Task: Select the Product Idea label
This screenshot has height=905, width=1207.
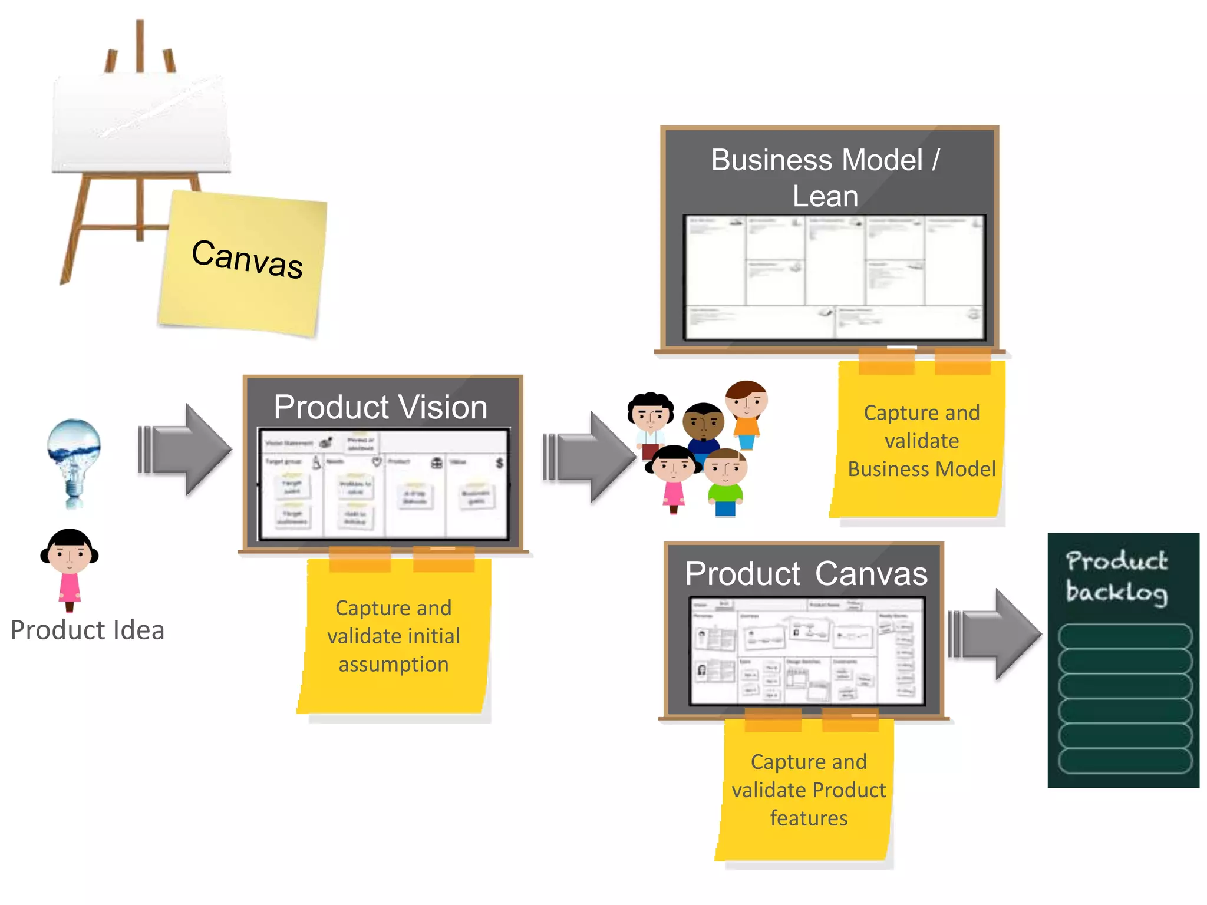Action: (87, 630)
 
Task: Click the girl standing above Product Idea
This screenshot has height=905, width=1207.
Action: (70, 569)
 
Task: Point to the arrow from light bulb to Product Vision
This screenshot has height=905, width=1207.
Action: (185, 449)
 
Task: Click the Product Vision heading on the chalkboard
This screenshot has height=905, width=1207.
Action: (381, 407)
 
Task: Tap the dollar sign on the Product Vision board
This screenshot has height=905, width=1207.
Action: (499, 463)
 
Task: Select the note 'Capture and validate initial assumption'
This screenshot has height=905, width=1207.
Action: (394, 636)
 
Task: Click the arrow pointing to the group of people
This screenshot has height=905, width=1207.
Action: (589, 457)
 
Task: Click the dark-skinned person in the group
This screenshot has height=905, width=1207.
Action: (703, 427)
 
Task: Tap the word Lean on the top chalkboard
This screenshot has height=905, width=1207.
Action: (825, 196)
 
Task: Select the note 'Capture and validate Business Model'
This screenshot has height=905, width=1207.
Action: (921, 441)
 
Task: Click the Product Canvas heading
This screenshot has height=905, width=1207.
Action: (806, 574)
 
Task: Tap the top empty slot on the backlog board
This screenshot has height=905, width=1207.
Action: (1124, 636)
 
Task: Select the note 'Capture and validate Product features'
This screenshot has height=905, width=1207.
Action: (808, 790)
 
